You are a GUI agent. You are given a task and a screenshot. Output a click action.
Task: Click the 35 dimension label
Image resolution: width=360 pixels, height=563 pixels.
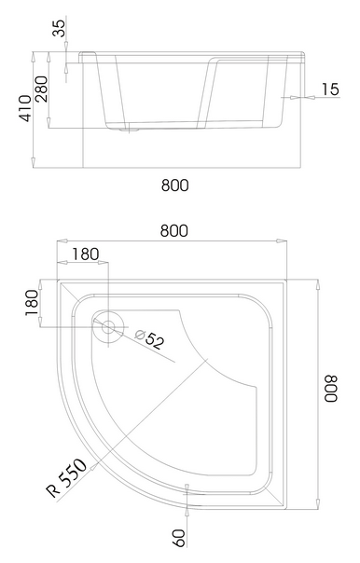[60, 28]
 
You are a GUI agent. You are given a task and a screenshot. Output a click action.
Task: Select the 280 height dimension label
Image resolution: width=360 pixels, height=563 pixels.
[41, 89]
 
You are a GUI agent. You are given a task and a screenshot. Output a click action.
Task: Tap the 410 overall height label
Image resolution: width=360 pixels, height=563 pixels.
[25, 108]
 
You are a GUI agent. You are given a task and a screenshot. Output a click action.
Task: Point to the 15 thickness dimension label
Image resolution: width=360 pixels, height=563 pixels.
[330, 89]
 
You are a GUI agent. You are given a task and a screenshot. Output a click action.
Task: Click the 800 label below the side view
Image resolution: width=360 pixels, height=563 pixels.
[175, 185]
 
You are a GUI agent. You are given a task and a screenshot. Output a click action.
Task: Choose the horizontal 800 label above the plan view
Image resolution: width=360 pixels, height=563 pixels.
[174, 230]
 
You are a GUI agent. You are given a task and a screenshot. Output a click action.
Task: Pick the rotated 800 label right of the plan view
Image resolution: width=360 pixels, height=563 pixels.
[331, 389]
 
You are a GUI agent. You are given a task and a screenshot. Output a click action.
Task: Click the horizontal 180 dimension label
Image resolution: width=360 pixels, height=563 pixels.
[86, 254]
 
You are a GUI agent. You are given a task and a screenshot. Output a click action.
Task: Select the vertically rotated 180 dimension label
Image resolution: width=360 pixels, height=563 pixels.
[32, 302]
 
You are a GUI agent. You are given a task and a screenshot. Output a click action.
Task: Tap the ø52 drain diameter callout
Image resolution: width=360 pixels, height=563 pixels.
[150, 339]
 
